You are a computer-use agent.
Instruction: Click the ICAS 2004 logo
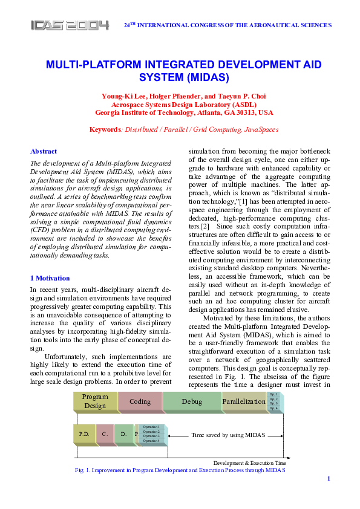tap(70, 25)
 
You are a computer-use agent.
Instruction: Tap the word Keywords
tap(105, 129)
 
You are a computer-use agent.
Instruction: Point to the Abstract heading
tap(44, 151)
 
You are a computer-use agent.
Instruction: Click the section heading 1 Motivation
tap(50, 278)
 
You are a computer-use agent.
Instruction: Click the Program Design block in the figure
tap(95, 401)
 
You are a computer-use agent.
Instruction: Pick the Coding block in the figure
tap(140, 401)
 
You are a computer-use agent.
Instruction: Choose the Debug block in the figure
tap(192, 401)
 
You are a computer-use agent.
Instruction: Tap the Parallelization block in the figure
tap(244, 401)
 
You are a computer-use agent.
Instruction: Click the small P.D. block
tap(84, 434)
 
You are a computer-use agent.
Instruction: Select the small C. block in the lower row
tap(105, 434)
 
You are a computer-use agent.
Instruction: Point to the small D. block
tap(123, 434)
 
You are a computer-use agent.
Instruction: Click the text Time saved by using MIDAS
tap(229, 435)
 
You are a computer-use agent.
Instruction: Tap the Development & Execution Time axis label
tap(249, 462)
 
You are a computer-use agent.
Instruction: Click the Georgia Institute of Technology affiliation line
tap(184, 112)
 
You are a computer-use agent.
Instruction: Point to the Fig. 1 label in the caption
tap(83, 470)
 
